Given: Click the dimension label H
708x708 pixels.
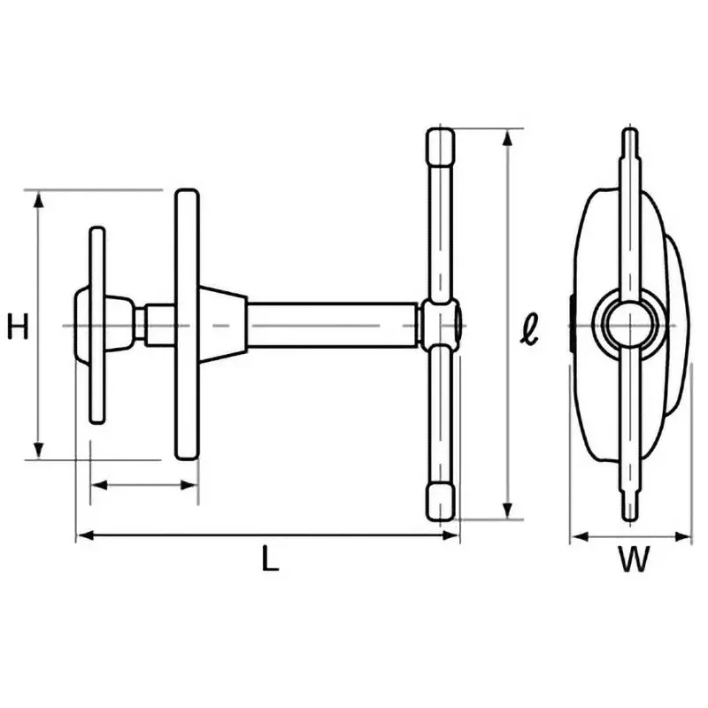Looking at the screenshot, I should pos(18,327).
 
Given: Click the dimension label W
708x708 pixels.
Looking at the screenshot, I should pos(634,559).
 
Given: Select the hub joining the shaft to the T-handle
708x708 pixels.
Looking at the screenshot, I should pos(441,323).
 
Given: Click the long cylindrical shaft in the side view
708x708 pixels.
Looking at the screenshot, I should pos(332,325).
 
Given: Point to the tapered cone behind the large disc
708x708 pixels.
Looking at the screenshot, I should pos(221,323).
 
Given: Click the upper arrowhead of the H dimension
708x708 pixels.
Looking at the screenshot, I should pos(38,201).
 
